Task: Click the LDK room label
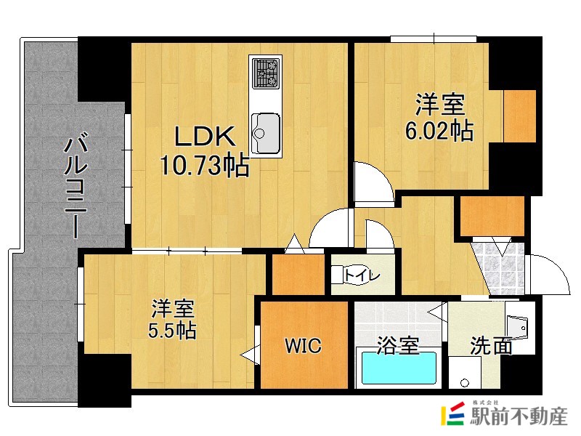(204, 137)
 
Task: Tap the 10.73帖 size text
(204, 167)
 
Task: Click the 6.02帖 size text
(439, 131)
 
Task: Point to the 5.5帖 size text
(172, 331)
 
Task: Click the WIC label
(303, 346)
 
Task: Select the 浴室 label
(399, 346)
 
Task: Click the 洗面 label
(491, 346)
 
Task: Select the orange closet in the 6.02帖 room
(519, 116)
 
